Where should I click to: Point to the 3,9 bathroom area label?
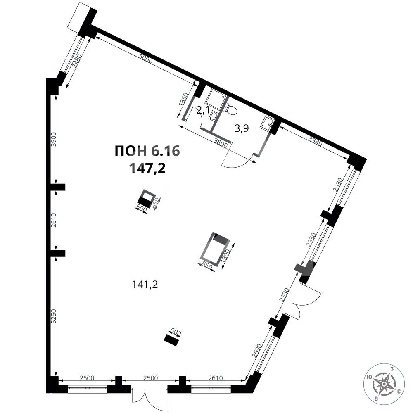242,128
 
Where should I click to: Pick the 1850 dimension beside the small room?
184,100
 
